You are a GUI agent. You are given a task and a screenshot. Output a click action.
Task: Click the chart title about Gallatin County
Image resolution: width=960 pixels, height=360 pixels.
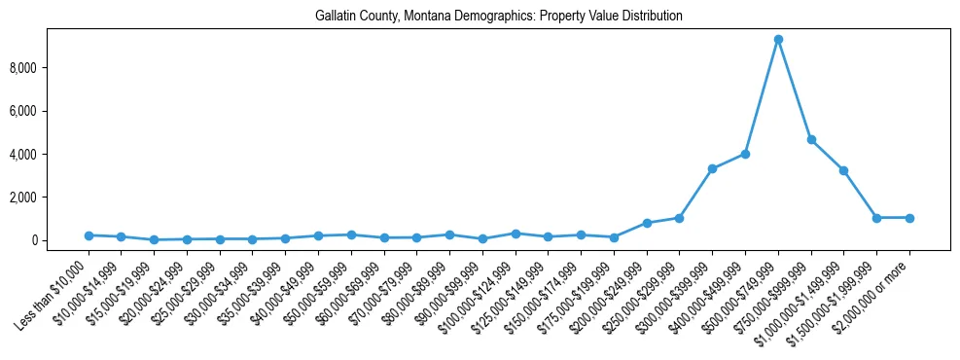point(499,17)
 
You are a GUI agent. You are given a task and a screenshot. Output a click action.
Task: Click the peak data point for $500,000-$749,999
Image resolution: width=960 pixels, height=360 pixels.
point(778,40)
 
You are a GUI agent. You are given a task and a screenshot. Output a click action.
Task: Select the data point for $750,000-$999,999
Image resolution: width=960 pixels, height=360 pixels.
point(811,140)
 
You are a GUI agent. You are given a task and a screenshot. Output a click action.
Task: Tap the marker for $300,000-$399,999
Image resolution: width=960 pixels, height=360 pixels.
point(712,168)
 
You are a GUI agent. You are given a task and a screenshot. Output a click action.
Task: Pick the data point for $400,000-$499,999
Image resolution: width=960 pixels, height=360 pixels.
point(745,154)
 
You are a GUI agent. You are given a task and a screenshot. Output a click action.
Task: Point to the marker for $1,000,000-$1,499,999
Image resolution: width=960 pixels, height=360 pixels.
point(843,170)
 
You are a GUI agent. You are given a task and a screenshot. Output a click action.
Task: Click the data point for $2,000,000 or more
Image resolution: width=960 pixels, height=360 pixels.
point(909,218)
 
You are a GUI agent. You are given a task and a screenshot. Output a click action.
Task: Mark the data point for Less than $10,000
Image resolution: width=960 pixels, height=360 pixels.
point(89,235)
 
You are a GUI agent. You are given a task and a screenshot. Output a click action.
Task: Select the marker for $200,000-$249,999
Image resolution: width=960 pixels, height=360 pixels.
point(647,223)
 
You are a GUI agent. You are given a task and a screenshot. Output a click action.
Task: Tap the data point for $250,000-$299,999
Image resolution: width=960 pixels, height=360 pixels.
point(679,218)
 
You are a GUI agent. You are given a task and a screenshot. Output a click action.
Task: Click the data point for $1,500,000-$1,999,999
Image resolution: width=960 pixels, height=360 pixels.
point(876,218)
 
